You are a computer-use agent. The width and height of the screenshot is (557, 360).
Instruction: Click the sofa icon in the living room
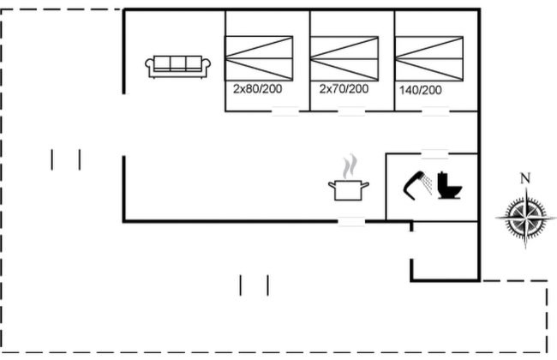(177, 67)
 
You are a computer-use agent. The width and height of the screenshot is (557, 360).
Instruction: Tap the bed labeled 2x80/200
(259, 58)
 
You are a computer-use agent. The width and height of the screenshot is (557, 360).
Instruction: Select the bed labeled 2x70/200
(344, 58)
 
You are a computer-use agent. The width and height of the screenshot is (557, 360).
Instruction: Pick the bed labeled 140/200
(429, 58)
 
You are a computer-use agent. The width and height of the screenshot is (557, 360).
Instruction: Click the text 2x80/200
(258, 88)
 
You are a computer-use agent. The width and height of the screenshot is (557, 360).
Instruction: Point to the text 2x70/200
(344, 88)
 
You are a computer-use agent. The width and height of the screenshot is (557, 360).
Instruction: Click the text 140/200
(421, 90)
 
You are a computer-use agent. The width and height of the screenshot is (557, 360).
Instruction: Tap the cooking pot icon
(349, 190)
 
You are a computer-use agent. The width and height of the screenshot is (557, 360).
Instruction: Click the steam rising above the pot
(350, 166)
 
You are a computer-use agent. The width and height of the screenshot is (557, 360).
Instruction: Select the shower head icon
(418, 185)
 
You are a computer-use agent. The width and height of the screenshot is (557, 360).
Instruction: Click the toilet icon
(450, 185)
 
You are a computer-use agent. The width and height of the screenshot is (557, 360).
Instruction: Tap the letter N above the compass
(525, 178)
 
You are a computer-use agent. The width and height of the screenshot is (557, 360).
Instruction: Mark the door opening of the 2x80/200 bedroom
(285, 111)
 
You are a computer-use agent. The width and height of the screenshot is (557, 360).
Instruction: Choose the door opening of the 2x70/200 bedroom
(351, 111)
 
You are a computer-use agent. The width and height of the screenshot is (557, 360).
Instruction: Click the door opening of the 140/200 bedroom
(435, 111)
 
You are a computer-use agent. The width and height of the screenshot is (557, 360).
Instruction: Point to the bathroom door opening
(435, 154)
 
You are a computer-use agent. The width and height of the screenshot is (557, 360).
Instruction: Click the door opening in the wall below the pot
(351, 221)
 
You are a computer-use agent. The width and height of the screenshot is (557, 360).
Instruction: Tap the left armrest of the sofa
(150, 66)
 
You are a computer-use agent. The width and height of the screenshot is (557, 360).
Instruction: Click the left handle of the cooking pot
(332, 185)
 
